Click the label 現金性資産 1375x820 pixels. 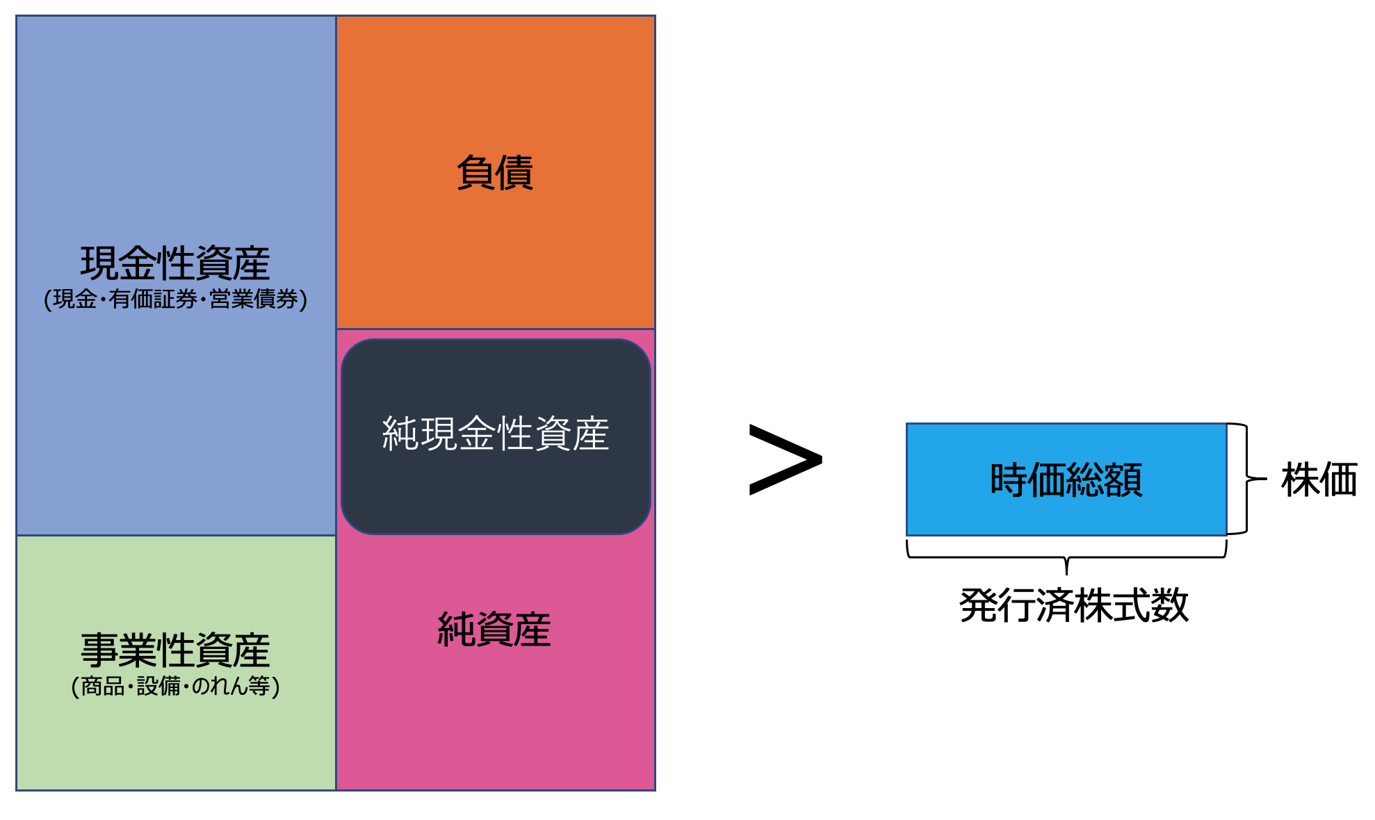(x=175, y=263)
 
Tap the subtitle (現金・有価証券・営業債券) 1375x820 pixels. (x=175, y=300)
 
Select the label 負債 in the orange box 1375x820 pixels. (x=495, y=172)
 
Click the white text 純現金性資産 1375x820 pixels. (x=495, y=434)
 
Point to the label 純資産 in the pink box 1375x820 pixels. (x=494, y=630)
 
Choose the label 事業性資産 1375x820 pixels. (x=175, y=650)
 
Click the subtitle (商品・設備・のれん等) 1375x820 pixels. (x=175, y=687)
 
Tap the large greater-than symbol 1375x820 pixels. (x=785, y=459)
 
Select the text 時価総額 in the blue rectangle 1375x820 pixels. (x=1066, y=479)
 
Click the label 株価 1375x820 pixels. (x=1319, y=479)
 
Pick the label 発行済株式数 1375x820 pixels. (x=1073, y=605)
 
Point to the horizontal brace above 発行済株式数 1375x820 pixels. (x=1066, y=557)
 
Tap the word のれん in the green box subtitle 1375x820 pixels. (x=219, y=687)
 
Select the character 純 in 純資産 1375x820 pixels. (x=456, y=630)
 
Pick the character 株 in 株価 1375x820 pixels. (x=1300, y=479)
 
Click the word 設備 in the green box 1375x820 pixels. (x=158, y=687)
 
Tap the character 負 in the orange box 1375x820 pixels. (x=475, y=172)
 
